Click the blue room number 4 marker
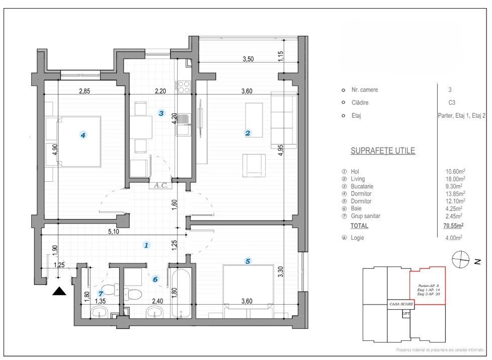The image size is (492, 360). coord(84,134)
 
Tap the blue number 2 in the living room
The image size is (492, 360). coord(248,133)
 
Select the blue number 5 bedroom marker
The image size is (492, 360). coord(248,261)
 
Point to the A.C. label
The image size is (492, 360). coord(161,185)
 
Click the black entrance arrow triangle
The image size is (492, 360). coord(59,291)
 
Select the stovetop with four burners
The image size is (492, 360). coord(184,87)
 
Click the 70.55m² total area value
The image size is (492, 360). coord(453,226)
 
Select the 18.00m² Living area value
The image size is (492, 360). coord(454,179)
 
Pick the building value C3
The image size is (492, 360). coord(450,103)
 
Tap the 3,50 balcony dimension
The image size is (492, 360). coord(248,59)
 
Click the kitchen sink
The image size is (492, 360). coord(184,120)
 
